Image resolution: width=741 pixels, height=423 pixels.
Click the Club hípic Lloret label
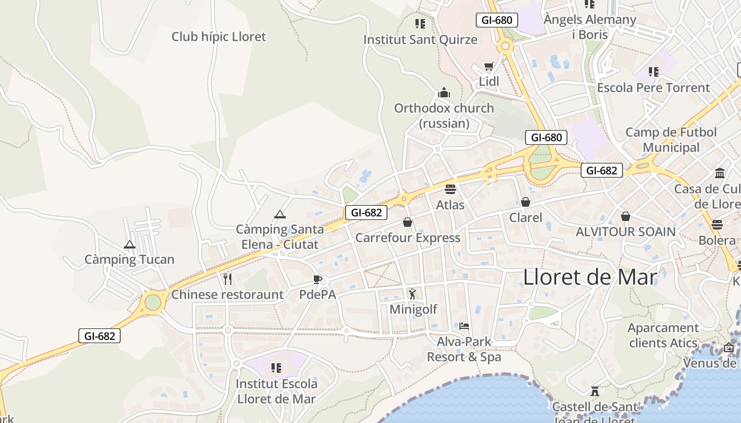(219, 37)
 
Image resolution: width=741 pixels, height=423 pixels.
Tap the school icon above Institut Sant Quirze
(420, 24)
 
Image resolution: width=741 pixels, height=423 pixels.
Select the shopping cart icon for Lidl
(489, 67)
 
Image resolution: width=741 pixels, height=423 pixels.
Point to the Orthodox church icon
(444, 93)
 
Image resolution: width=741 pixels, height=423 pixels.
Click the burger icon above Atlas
(450, 189)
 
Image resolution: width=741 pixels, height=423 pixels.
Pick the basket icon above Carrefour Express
(408, 222)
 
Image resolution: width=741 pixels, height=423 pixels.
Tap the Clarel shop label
(526, 218)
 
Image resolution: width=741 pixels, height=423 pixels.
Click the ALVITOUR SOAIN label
(626, 232)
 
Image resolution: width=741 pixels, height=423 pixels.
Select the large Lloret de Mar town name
(590, 277)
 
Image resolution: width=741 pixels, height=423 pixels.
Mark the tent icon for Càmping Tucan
(130, 245)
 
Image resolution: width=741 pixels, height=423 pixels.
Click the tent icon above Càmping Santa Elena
(280, 214)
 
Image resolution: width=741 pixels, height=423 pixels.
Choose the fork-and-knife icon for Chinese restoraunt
(228, 279)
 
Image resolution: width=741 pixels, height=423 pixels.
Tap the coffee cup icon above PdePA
(318, 279)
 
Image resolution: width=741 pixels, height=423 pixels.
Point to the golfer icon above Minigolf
(413, 294)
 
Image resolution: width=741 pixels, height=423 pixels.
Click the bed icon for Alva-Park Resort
(464, 326)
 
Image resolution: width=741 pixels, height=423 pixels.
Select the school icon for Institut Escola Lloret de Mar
(276, 367)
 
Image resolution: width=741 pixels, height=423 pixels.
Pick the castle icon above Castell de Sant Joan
(595, 392)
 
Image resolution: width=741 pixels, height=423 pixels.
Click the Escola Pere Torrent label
(653, 88)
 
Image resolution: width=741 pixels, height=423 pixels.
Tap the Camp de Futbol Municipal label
(671, 140)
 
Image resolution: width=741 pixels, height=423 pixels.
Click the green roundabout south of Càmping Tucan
(152, 302)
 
